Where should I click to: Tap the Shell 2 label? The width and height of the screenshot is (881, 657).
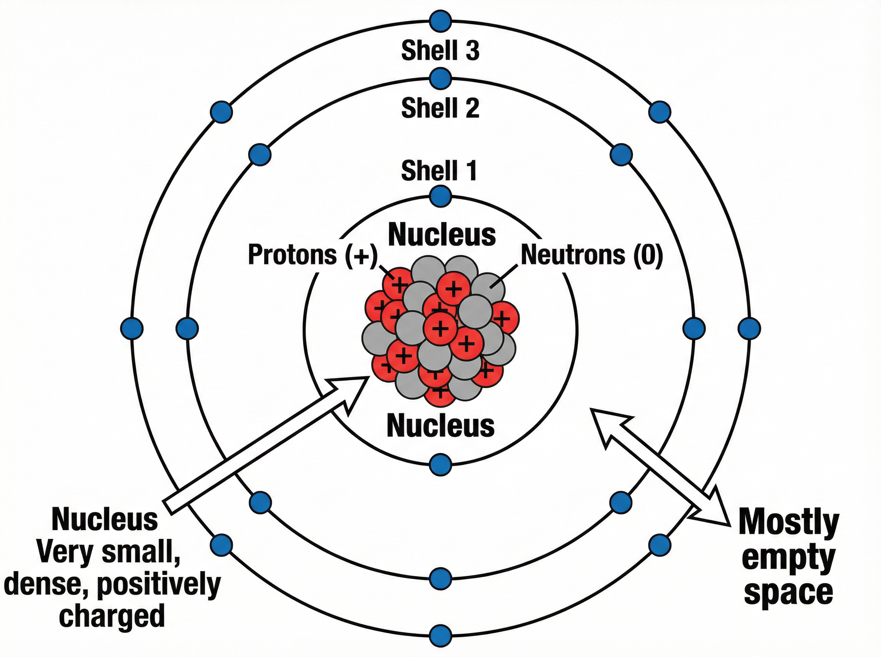click(440, 108)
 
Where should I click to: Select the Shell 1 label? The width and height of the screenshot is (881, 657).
click(439, 171)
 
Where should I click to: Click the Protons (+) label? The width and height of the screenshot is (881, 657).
click(312, 254)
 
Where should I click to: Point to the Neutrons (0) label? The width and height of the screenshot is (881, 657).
click(592, 254)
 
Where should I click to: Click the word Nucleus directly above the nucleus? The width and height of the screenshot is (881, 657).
click(442, 235)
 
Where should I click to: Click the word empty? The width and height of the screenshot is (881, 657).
click(788, 558)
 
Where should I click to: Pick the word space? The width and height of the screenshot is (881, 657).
click(788, 593)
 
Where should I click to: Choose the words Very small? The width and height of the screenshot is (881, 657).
click(108, 552)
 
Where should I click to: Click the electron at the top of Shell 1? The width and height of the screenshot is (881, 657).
click(441, 196)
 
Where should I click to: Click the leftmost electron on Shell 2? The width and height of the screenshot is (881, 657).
click(187, 328)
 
